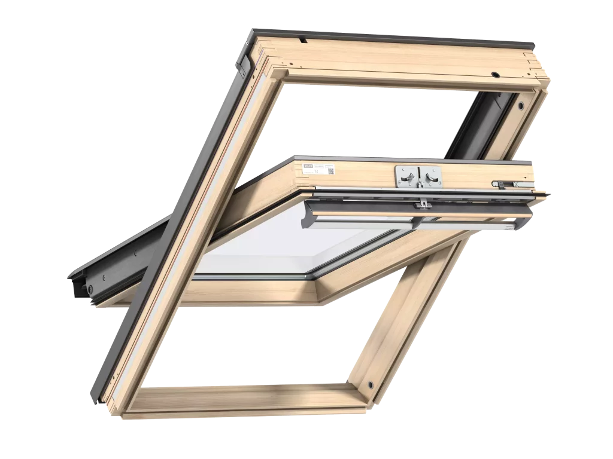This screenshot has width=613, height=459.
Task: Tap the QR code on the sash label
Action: click(330, 170)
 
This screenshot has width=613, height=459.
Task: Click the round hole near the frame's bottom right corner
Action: click(371, 382)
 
